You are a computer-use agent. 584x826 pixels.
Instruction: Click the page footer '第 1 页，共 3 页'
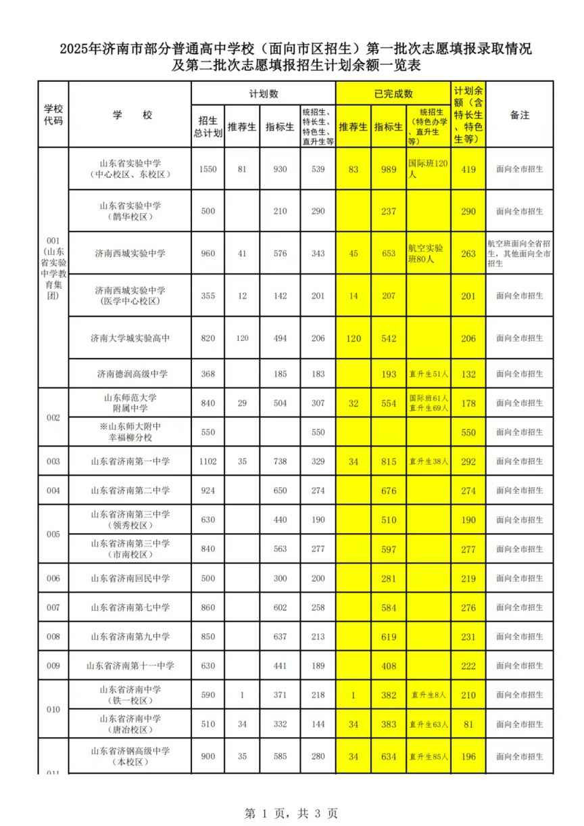click(x=291, y=813)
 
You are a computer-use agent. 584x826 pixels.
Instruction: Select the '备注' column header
click(x=519, y=116)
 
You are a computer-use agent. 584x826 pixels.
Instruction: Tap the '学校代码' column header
click(x=53, y=115)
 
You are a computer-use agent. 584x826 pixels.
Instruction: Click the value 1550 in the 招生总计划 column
click(x=208, y=169)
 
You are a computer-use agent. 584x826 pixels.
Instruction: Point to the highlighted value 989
click(x=389, y=169)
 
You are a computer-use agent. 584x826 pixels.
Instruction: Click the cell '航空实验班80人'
click(x=429, y=254)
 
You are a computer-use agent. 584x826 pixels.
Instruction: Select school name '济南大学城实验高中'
click(x=130, y=338)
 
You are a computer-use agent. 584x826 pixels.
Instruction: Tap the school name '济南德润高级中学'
click(x=130, y=374)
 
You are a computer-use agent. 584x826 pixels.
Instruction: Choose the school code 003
click(x=53, y=461)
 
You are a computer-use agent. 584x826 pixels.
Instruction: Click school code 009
click(x=53, y=666)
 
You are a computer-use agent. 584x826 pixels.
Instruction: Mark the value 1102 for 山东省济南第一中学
click(x=208, y=461)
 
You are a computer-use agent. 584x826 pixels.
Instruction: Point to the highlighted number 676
click(x=389, y=490)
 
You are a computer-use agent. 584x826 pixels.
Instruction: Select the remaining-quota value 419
click(x=468, y=169)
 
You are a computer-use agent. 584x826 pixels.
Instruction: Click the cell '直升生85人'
click(x=429, y=757)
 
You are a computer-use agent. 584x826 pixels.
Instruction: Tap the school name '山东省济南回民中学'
click(x=130, y=578)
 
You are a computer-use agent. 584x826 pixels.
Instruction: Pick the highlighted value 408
click(x=389, y=666)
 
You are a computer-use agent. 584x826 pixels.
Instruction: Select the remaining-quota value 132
click(x=468, y=374)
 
